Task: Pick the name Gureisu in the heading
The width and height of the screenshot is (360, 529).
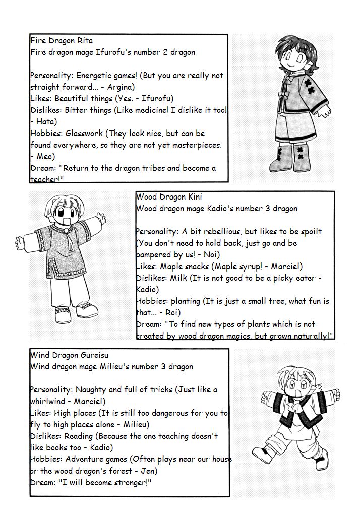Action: point(94,355)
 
